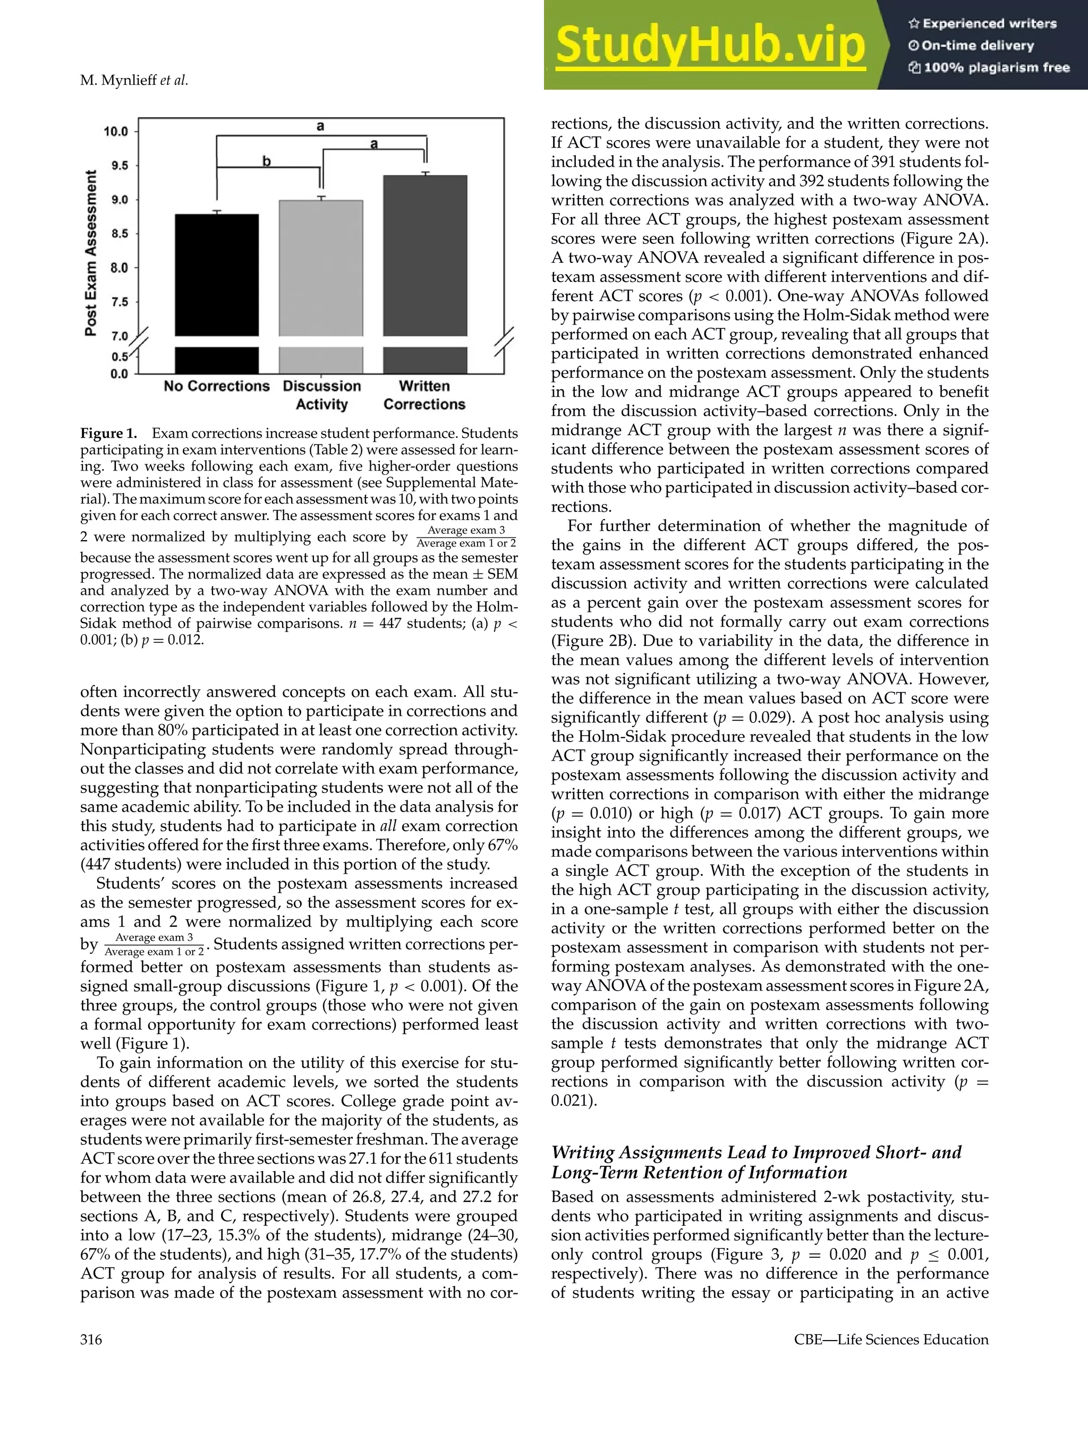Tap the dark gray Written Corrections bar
(424, 256)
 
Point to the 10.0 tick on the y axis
(117, 132)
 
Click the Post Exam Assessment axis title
(91, 253)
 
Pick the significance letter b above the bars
(267, 161)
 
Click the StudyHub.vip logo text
(710, 45)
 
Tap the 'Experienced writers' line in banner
(982, 24)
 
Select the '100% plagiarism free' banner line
(989, 67)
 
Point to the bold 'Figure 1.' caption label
(108, 433)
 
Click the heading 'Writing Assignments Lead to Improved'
(755, 1152)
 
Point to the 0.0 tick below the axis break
(120, 374)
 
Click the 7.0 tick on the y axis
(120, 336)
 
